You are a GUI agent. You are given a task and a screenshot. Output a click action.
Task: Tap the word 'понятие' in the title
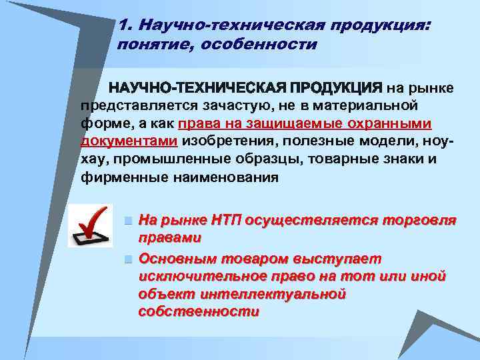point(148,45)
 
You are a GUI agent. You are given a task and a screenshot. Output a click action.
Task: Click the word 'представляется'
point(127,105)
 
